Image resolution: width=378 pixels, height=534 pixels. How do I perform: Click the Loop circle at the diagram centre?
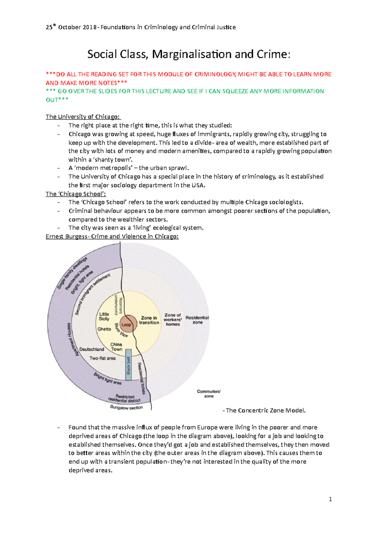127,324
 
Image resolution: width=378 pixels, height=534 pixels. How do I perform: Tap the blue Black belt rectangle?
129,364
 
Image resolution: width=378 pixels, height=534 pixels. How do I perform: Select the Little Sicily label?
104,316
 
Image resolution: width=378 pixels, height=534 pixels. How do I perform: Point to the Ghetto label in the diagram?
104,329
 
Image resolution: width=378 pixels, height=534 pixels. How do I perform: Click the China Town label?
116,347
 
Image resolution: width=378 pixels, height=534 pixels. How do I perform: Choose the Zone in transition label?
149,320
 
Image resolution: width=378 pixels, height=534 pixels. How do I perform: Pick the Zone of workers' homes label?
173,320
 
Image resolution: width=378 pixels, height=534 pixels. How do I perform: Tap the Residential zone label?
197,320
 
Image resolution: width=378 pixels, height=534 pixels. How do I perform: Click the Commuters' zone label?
209,394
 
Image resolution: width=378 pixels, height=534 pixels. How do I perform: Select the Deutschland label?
92,349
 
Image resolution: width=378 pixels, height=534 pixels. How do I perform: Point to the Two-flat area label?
102,358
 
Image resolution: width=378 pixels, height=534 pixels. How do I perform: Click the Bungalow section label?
127,408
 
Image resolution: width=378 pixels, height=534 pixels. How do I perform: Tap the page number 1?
330,499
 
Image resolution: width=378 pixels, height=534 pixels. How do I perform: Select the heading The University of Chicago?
83,117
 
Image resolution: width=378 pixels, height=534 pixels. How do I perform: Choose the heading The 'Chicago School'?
76,194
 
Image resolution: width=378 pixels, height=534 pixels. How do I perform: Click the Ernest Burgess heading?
112,236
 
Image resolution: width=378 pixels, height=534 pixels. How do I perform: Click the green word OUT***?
57,100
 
